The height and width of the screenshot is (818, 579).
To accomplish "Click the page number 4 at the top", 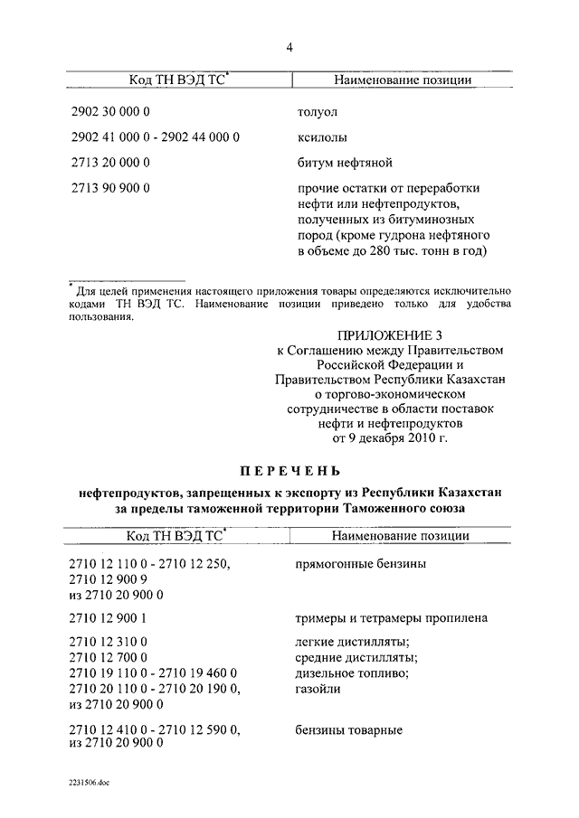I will click(x=289, y=47).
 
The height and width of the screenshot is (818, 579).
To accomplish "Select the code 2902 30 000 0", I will click(x=109, y=114).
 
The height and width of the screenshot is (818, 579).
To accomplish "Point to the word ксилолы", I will click(x=323, y=138).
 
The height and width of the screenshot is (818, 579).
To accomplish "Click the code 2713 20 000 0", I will click(x=109, y=164).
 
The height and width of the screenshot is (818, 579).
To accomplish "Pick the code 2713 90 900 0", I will click(x=109, y=188).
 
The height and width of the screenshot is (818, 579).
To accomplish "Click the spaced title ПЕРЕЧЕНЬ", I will click(x=290, y=470).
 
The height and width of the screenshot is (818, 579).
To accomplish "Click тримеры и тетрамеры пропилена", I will click(x=392, y=618).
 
